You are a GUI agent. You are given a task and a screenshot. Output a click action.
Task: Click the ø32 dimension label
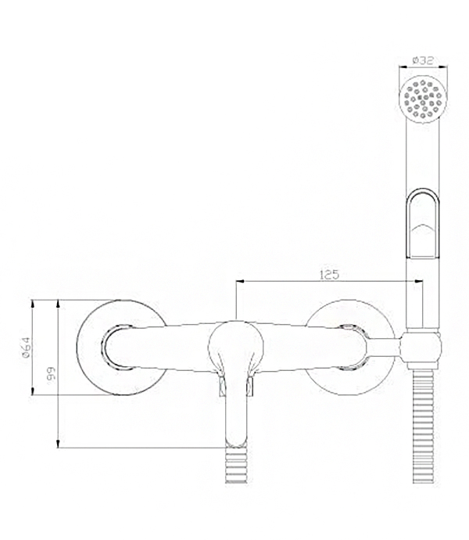pyautogui.click(x=423, y=60)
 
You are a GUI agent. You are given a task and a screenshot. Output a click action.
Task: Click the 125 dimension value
pyautogui.click(x=329, y=275)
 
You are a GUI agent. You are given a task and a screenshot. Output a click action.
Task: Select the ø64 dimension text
pyautogui.click(x=27, y=347)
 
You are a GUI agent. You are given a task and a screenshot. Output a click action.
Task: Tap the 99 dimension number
pyautogui.click(x=52, y=373)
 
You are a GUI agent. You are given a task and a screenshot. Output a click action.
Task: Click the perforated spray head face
pyautogui.click(x=423, y=99)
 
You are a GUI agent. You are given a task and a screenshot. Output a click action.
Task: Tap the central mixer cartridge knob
pyautogui.click(x=236, y=347)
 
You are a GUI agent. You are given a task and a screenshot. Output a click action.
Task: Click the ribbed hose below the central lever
pyautogui.click(x=236, y=465)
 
